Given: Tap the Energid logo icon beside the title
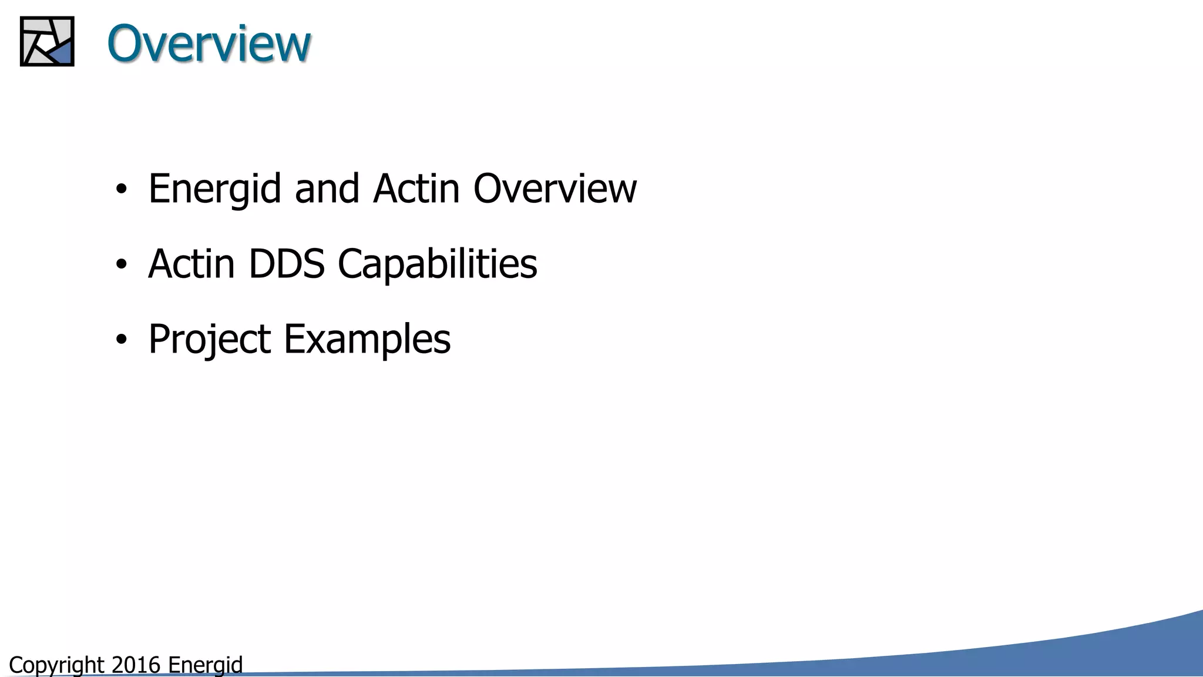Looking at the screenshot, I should pyautogui.click(x=47, y=41).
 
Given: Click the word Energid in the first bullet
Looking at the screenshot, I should pyautogui.click(x=214, y=189).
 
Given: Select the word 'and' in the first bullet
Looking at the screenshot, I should pyautogui.click(x=327, y=189).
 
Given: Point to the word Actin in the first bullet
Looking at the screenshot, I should pyautogui.click(x=416, y=189).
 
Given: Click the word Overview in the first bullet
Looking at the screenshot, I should pyautogui.click(x=555, y=189).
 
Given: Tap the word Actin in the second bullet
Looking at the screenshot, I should pyautogui.click(x=191, y=264).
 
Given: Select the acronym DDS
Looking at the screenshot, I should pyautogui.click(x=287, y=264).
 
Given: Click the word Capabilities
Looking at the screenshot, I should pyautogui.click(x=437, y=264).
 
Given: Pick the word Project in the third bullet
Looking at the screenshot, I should pyautogui.click(x=209, y=340).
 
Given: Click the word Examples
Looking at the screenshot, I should pyautogui.click(x=367, y=340).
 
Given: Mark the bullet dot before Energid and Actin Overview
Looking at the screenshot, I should pyautogui.click(x=121, y=189).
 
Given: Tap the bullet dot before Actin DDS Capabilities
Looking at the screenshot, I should pyautogui.click(x=121, y=264).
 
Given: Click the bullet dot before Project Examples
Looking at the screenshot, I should pyautogui.click(x=121, y=340).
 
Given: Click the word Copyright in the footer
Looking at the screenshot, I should pyautogui.click(x=56, y=665).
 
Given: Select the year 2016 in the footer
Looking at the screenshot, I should pyautogui.click(x=136, y=665).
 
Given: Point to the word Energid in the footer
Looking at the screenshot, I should pyautogui.click(x=205, y=665).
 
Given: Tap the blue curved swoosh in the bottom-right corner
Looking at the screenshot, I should pyautogui.click(x=1116, y=652).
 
